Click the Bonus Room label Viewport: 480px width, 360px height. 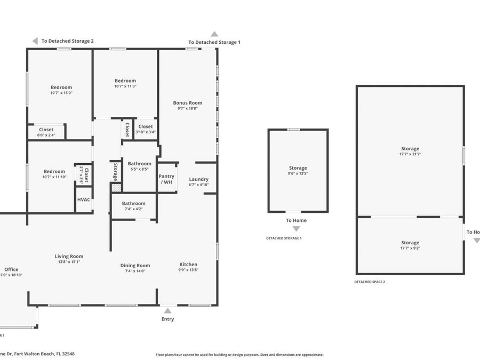coord(188,103)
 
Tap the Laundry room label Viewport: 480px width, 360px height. coord(198,179)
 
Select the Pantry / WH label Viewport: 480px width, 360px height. coord(166,179)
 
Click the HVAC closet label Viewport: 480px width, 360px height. coord(84,199)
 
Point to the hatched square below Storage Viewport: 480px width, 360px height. coord(116,188)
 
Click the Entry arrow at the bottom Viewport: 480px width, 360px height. coord(167,310)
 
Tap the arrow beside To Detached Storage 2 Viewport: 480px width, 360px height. coord(35,41)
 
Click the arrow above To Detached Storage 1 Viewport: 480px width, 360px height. coord(214,34)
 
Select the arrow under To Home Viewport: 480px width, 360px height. coord(296,229)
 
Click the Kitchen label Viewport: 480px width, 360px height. coord(188,265)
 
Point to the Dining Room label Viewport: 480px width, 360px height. coord(135,266)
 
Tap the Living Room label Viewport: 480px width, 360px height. coord(69,257)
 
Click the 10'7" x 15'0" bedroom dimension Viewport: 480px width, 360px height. coord(61,93)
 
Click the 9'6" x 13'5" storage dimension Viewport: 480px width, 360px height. coord(298,173)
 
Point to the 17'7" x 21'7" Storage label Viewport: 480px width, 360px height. coord(410,149)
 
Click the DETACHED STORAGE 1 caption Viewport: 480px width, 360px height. coord(284,238)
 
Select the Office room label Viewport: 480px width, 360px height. coord(11,270)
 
